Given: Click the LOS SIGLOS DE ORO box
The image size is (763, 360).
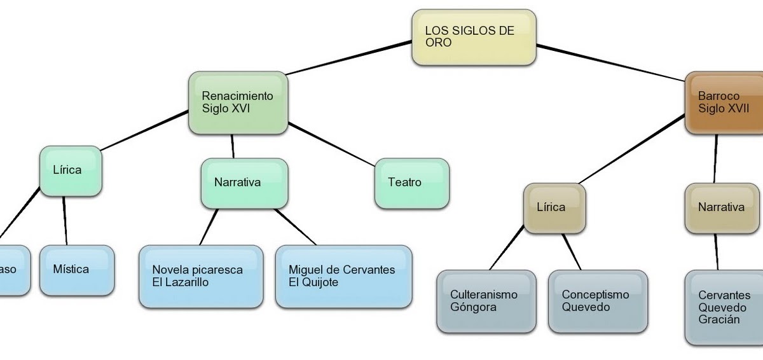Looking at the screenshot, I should pos(474,37).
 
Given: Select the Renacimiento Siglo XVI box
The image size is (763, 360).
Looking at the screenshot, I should pos(238,102).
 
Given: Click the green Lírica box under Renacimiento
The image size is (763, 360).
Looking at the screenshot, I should pos(71,170).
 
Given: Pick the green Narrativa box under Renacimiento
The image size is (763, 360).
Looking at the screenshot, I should pos(244,183).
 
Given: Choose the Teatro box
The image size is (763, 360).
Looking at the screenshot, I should pos(411,183).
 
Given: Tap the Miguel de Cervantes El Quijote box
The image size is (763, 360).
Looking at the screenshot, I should pos(343,276).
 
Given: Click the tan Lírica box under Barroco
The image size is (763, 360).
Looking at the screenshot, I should pos(554,207).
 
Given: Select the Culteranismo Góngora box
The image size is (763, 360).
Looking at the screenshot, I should pos(486,301).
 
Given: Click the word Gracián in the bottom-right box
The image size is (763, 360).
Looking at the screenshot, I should pos(719,320).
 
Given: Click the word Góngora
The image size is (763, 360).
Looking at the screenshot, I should pos(473,307).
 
